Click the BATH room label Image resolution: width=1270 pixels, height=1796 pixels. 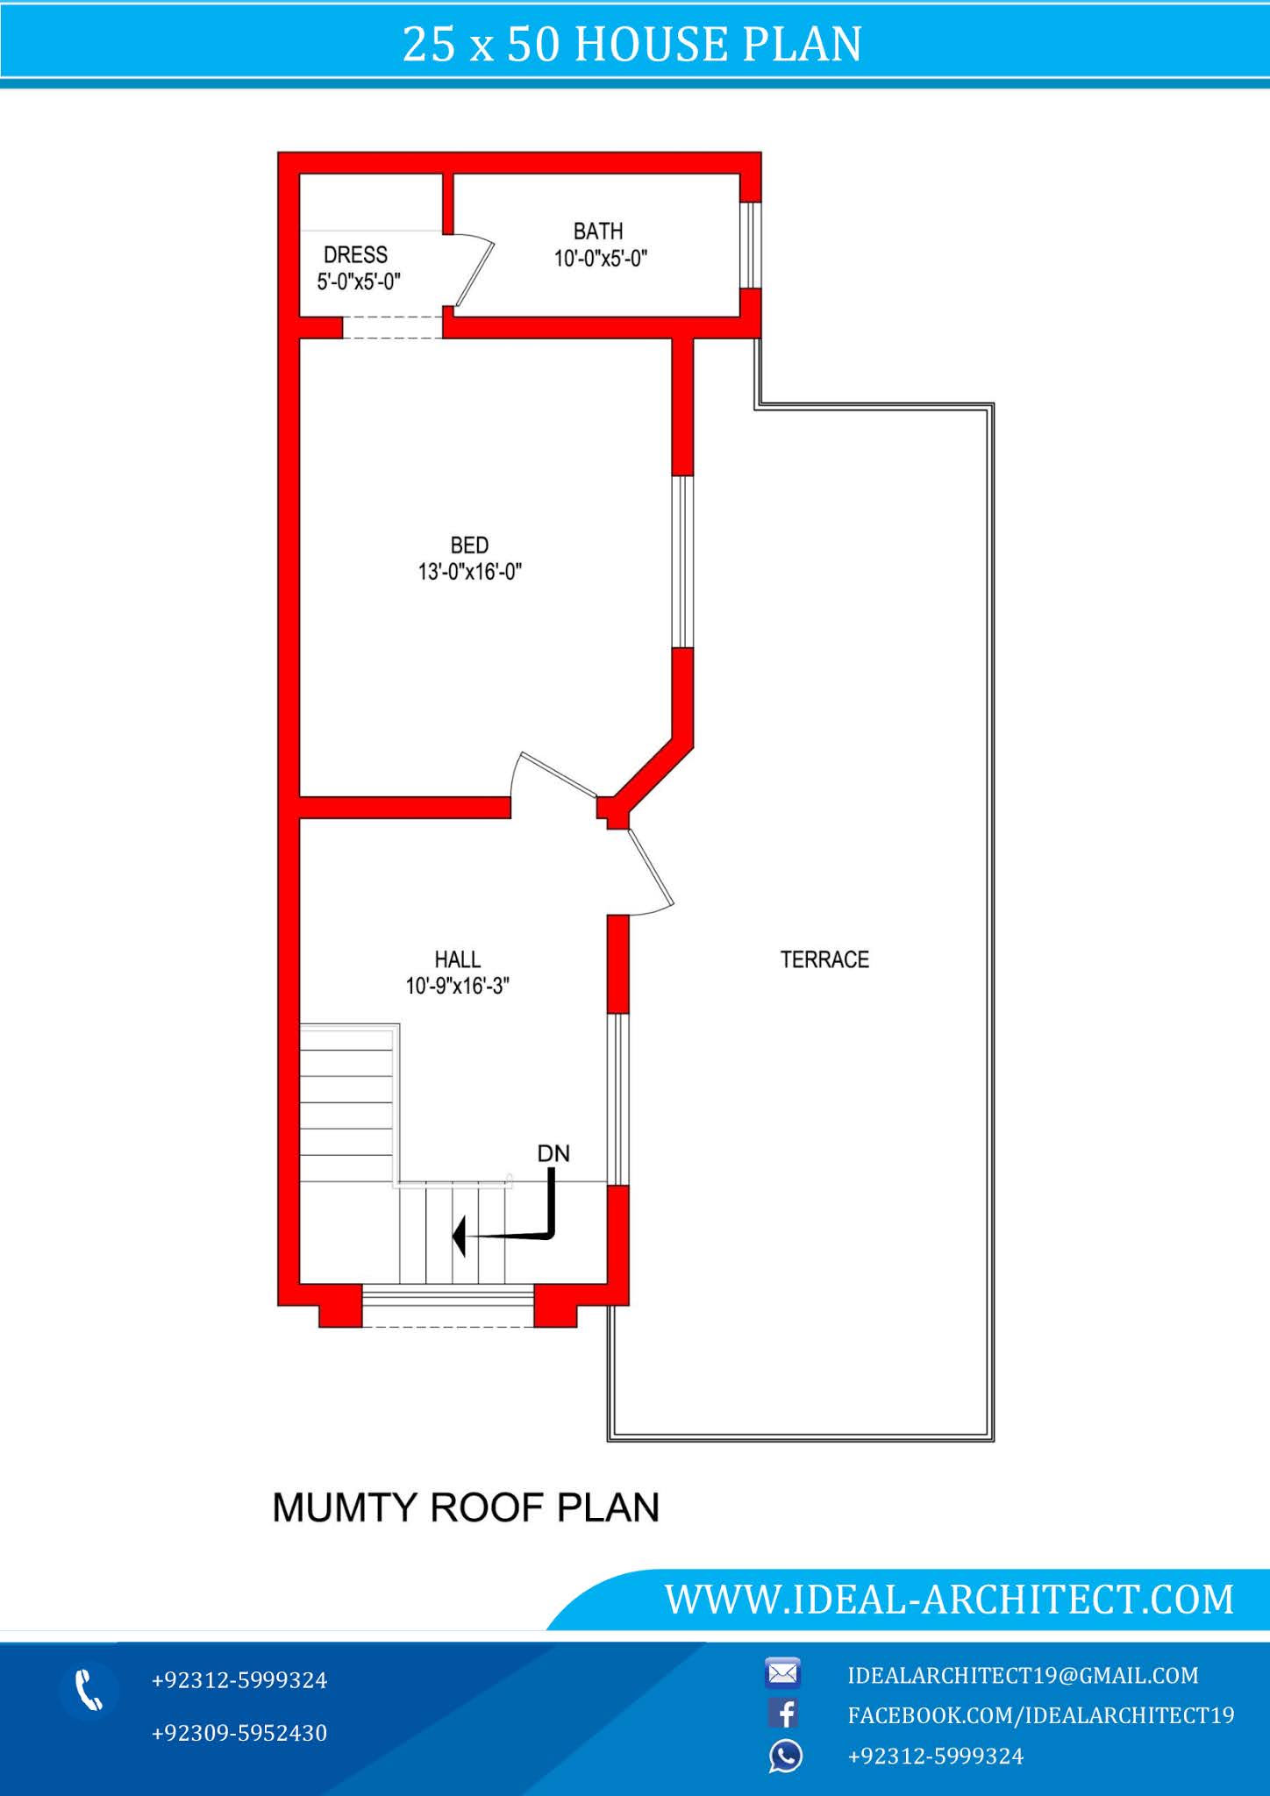coord(598,232)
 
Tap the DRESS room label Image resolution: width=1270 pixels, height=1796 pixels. coord(355,255)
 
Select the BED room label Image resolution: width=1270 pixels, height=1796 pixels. coord(469,545)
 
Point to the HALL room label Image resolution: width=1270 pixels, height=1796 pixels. coord(457,959)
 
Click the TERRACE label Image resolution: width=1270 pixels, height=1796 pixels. coord(824,959)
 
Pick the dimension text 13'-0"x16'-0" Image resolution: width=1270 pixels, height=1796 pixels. coord(469,572)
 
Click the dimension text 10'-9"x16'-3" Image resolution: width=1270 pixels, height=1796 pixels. coord(457,986)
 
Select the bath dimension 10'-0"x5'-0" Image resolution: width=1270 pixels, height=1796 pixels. coord(600,259)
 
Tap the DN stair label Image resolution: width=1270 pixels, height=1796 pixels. coord(553,1153)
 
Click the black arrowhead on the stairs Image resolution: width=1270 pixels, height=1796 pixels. coord(459,1237)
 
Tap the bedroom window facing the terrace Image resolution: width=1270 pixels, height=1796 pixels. coord(682,561)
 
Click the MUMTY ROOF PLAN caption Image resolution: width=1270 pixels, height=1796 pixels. coord(466,1507)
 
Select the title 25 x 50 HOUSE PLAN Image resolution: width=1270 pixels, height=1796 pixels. coord(632,44)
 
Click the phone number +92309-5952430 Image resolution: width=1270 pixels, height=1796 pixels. coord(239,1733)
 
